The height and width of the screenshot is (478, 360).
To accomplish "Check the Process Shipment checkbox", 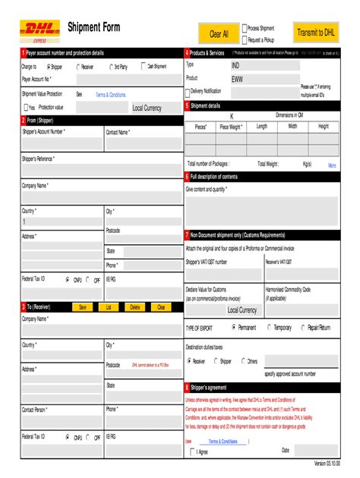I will click(245, 28).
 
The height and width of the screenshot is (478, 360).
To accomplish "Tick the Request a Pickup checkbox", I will click(245, 39).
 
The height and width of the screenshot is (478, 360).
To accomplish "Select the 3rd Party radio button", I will click(109, 67).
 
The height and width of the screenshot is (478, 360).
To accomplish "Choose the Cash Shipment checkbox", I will click(143, 67).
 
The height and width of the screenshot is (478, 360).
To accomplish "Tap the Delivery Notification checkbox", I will click(189, 91).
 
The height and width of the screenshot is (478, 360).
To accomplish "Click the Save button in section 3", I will click(83, 307).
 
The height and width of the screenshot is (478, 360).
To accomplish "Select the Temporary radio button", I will click(270, 328).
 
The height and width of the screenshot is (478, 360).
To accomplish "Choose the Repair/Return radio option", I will click(303, 328).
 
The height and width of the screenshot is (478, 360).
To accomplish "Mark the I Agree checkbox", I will click(191, 451).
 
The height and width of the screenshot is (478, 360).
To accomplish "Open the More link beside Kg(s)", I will click(332, 165).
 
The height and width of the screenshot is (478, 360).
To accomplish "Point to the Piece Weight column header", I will click(231, 127).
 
